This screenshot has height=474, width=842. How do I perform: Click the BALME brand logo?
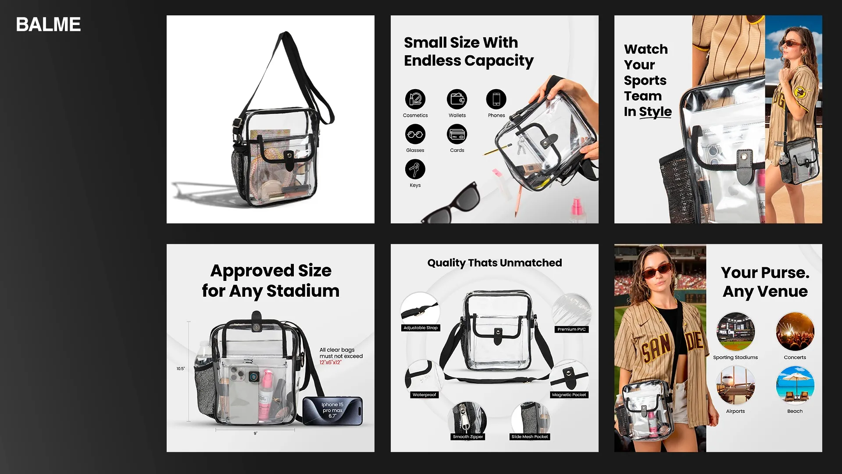tap(48, 25)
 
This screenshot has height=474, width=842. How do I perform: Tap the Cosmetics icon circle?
tap(415, 99)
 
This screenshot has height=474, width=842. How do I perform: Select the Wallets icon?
tap(457, 99)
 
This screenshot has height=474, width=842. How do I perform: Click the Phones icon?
tap(496, 99)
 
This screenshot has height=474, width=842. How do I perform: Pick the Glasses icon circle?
tap(415, 134)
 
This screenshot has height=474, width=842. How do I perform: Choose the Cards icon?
tap(457, 134)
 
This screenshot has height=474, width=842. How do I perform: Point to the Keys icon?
tap(415, 169)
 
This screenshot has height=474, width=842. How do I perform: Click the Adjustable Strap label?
tap(421, 328)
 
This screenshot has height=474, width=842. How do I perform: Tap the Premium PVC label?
tap(571, 329)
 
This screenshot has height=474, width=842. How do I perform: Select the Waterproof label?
tap(424, 395)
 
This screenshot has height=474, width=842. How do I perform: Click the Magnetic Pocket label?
tap(569, 395)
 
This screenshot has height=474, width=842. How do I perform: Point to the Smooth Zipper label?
tap(468, 437)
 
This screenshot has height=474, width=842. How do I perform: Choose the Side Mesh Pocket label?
tap(530, 437)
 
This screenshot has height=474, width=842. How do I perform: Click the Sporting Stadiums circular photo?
tap(735, 331)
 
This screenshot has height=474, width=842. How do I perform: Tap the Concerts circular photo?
tap(795, 331)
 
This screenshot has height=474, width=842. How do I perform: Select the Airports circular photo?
tap(735, 385)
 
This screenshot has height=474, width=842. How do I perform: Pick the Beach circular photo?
tap(795, 385)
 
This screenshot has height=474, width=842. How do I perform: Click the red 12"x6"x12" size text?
tap(330, 363)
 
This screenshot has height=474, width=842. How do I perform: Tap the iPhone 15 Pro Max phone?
tap(332, 411)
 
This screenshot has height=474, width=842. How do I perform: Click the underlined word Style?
tap(655, 112)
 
